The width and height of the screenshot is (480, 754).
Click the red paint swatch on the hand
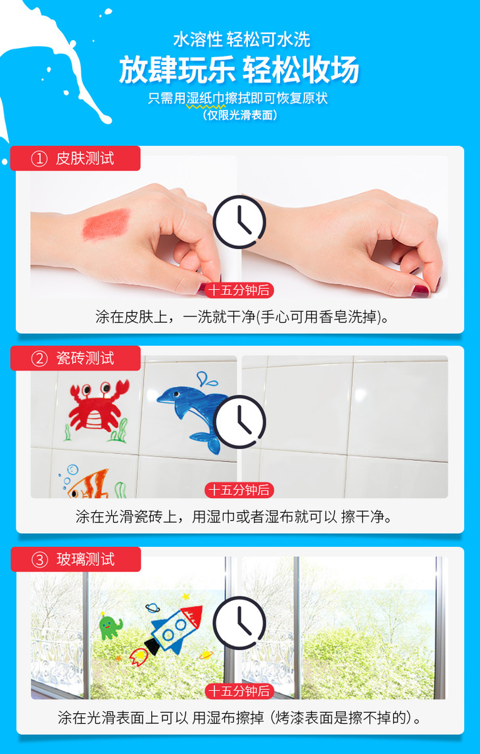[x=107, y=224]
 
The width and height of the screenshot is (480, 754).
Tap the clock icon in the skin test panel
[x=239, y=222]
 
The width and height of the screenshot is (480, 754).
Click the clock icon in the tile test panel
[x=239, y=422]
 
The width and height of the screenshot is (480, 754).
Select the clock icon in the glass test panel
[x=239, y=623]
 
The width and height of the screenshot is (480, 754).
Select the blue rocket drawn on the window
[x=173, y=629]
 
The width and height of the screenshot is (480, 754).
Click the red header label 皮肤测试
[x=76, y=158]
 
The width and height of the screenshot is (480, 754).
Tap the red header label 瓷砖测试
[x=76, y=358]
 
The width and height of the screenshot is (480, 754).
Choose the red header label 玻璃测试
[x=76, y=559]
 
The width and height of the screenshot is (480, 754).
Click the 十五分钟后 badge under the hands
[x=239, y=290]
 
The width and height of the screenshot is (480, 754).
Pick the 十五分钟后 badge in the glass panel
[x=239, y=691]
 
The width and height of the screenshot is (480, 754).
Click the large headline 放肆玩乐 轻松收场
[x=239, y=70]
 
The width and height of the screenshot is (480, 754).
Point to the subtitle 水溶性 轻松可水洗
[x=241, y=39]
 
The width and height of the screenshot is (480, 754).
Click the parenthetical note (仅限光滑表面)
[x=240, y=115]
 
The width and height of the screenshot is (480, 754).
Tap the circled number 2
[x=39, y=359]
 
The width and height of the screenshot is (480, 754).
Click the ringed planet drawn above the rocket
[x=153, y=608]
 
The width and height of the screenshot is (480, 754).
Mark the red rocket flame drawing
[x=139, y=657]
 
